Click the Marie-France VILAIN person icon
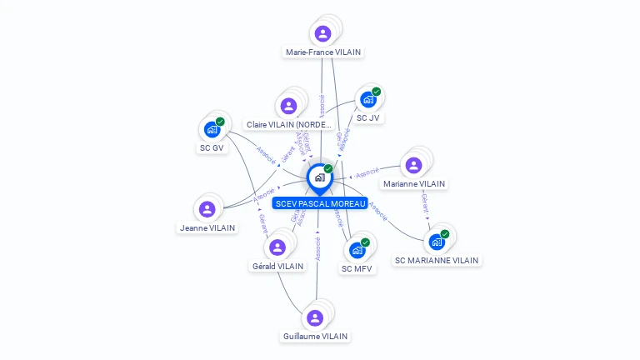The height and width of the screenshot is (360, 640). (322, 33)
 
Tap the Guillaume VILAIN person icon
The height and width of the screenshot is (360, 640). (314, 317)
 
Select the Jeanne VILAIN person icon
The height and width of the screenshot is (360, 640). (207, 208)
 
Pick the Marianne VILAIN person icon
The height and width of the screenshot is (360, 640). (413, 165)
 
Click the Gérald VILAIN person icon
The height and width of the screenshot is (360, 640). (277, 247)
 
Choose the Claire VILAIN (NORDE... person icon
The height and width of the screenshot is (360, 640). (288, 106)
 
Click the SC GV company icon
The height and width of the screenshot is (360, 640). (211, 129)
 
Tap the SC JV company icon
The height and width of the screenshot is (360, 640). (367, 99)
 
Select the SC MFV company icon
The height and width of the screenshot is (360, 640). (357, 249)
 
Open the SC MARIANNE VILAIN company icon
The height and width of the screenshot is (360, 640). (436, 242)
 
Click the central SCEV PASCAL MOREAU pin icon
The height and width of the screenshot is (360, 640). (319, 177)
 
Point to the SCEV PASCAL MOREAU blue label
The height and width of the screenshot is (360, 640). (320, 203)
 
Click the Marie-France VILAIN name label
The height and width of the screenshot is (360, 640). (323, 52)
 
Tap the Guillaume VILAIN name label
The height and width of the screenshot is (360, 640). (315, 337)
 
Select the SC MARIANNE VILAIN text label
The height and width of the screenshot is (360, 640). (437, 260)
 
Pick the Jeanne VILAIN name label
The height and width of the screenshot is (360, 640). (207, 227)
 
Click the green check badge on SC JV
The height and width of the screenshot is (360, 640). (377, 91)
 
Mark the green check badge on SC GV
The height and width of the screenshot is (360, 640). (220, 122)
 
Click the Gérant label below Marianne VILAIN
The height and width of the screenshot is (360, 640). (426, 202)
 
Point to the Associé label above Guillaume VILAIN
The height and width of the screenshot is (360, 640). (317, 248)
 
